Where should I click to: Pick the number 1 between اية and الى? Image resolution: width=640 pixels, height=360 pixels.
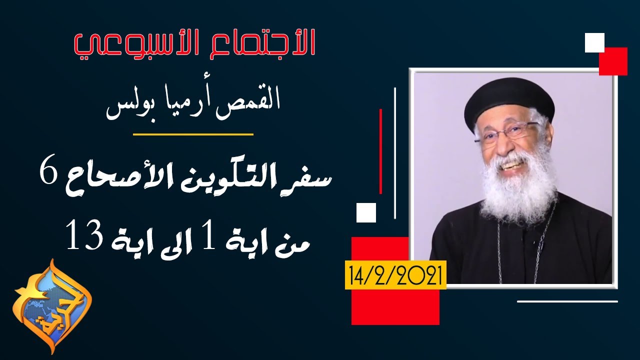tap(210, 237)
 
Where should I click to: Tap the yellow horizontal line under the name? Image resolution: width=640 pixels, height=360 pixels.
tap(193, 134)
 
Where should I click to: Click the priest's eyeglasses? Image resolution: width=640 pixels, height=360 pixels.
tap(505, 133)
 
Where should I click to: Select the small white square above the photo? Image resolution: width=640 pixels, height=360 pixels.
tap(594, 42)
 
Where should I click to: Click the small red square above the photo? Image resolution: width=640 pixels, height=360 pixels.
tap(613, 61)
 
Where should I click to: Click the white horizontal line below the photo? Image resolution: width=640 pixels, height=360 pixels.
tap(567, 301)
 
